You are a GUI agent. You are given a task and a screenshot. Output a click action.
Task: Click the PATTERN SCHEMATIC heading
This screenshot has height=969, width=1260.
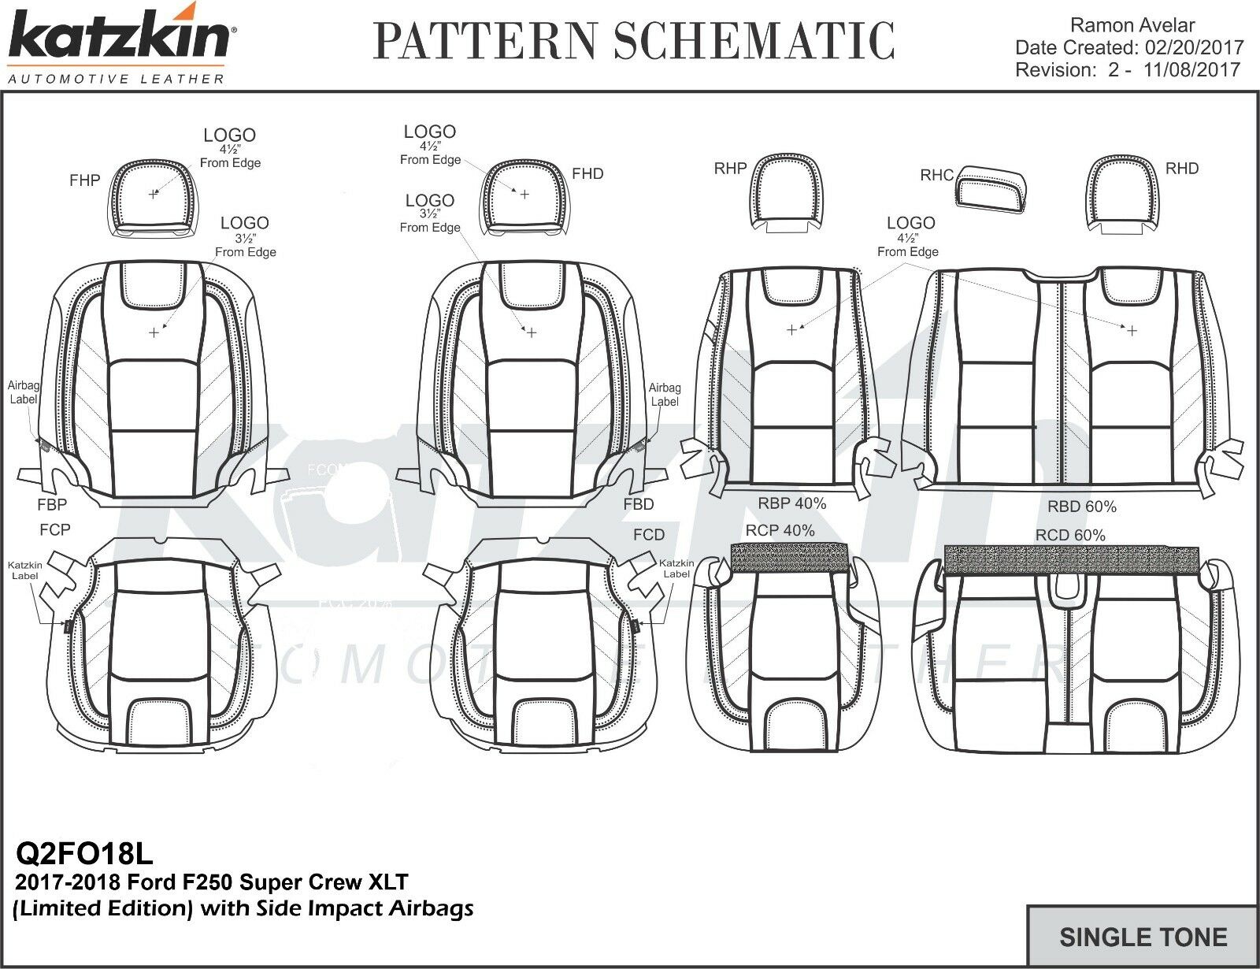click(634, 41)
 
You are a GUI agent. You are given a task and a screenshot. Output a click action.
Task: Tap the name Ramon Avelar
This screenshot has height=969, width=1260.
click(1133, 26)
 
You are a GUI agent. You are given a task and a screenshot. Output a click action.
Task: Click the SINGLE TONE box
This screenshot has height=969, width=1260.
click(1143, 937)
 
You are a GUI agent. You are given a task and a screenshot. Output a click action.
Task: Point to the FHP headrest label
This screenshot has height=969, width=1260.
click(84, 180)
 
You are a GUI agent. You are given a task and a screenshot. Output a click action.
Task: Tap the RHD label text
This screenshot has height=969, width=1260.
click(1181, 169)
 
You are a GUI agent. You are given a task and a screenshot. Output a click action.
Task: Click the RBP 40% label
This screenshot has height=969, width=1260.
click(791, 503)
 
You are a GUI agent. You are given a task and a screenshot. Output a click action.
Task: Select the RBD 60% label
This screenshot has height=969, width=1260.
click(1081, 507)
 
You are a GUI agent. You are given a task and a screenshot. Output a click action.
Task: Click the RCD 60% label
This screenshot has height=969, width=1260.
click(1070, 535)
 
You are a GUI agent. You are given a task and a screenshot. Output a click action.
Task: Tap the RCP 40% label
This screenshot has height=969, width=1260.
click(780, 531)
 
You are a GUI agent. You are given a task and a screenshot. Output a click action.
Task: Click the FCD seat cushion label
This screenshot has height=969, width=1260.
click(649, 535)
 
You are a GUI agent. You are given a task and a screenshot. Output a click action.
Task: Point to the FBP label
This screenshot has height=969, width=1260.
click(52, 504)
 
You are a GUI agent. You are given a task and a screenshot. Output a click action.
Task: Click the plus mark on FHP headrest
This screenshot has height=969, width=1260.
click(153, 194)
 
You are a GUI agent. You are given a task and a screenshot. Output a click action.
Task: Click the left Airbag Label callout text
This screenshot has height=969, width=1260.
click(24, 392)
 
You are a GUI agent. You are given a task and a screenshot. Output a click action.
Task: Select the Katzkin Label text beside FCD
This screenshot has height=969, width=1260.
click(676, 569)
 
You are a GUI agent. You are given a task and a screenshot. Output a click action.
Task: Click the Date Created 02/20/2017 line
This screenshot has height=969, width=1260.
click(1128, 48)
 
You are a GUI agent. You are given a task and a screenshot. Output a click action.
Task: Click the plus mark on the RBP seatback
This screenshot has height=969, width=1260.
click(792, 330)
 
